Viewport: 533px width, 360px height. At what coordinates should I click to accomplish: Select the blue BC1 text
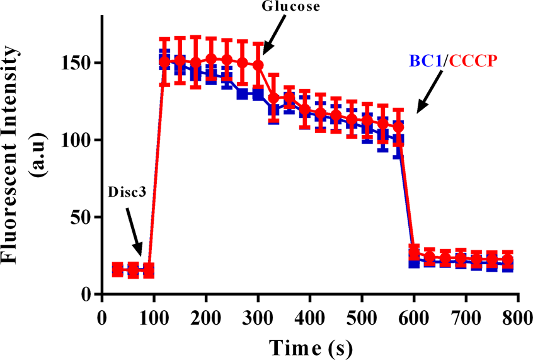425,61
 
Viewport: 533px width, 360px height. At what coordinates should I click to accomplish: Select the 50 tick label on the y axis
84,218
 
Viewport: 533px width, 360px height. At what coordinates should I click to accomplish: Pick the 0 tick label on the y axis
88,294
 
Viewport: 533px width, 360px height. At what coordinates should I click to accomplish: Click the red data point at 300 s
258,65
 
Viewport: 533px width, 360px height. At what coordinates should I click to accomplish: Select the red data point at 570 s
398,127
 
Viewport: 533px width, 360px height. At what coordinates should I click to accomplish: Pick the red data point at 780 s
507,260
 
